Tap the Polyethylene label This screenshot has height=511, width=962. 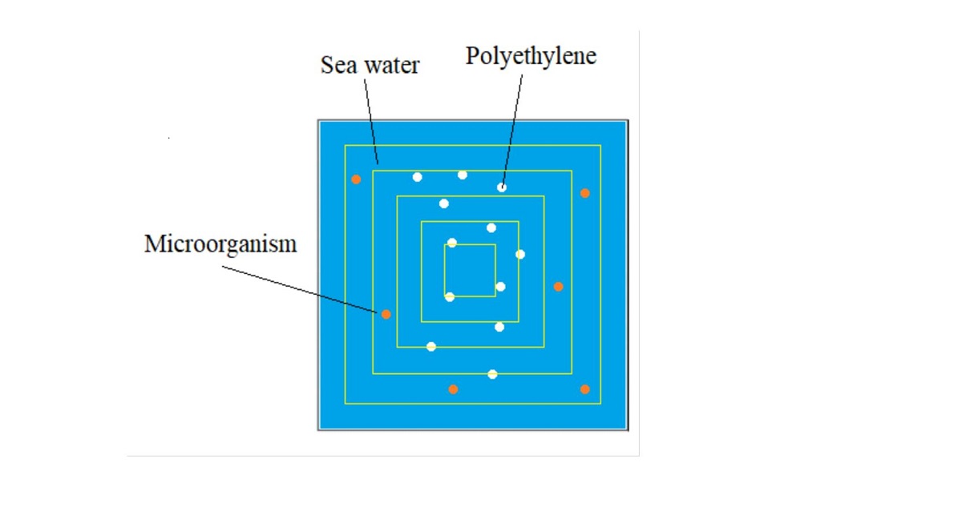point(531,57)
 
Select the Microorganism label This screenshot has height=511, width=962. point(220,244)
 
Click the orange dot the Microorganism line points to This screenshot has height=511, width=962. point(386,314)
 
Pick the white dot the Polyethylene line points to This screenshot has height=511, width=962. point(502,187)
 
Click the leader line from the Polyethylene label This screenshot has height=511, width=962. point(513,128)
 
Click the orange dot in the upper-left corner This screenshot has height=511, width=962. point(356,179)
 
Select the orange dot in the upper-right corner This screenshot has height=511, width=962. point(585,193)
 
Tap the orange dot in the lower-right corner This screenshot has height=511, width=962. point(584,389)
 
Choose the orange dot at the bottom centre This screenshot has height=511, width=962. point(453,389)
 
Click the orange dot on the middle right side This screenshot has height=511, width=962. point(559,287)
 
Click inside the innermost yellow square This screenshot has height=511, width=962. point(470,270)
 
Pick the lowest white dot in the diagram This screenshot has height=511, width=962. point(492,374)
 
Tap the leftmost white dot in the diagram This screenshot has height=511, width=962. point(417,177)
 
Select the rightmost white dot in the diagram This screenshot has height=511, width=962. point(520,255)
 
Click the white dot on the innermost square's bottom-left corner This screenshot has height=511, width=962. point(449,297)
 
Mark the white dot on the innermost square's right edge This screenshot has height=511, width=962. point(500,287)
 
